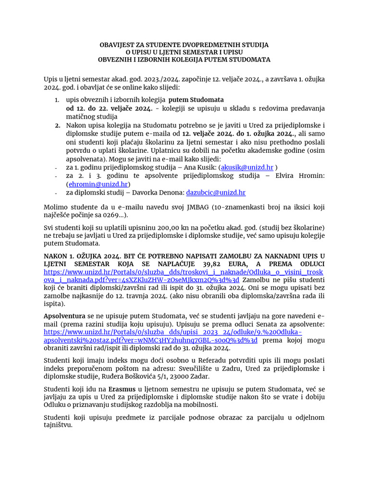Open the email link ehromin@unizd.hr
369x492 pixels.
(98, 184)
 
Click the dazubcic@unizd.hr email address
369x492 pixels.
(216, 192)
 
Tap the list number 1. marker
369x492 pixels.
(56, 99)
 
